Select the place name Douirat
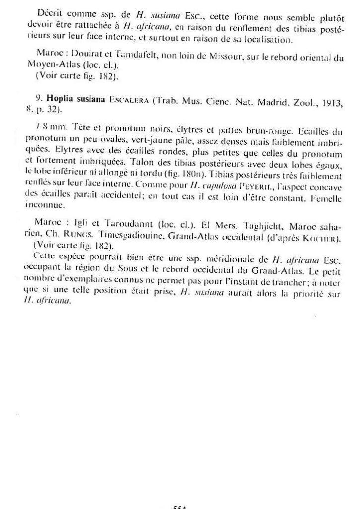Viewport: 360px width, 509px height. coord(87,52)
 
